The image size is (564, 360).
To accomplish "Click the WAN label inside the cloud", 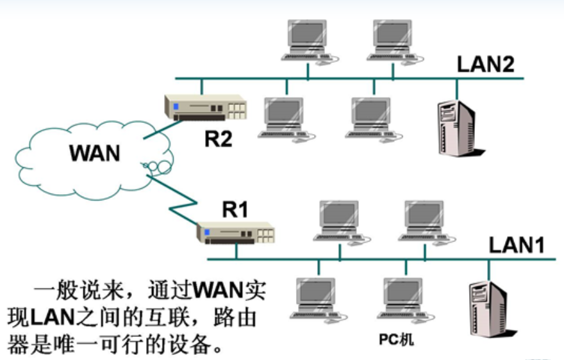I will (x=95, y=154).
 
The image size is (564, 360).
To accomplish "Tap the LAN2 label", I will (x=485, y=64).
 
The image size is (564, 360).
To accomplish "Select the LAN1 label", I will (x=517, y=245).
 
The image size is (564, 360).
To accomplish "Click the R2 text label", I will (x=218, y=139).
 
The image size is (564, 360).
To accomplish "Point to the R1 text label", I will (x=235, y=209).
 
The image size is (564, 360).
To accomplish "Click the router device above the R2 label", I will (x=206, y=106).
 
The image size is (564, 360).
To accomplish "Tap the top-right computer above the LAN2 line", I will (x=393, y=40).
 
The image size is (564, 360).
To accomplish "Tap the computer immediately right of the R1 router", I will (x=339, y=221).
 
